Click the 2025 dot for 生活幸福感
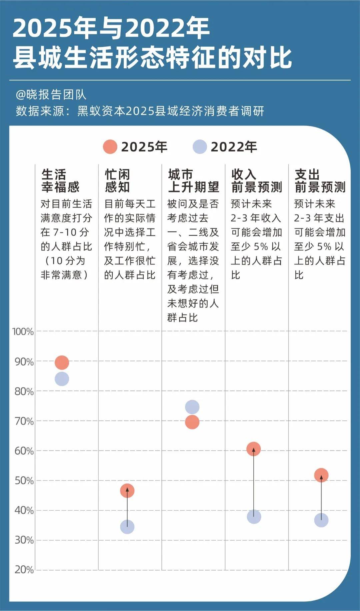[62, 362]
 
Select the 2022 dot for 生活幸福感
[62, 379]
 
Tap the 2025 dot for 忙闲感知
[127, 491]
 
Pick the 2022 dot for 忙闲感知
[127, 527]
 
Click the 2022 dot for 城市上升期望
[192, 407]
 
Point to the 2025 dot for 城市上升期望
[192, 422]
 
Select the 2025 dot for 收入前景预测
[254, 449]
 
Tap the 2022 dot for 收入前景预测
[254, 517]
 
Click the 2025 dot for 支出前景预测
[321, 475]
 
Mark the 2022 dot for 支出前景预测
[321, 520]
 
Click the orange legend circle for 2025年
[110, 147]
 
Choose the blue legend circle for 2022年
[200, 147]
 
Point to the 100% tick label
[23, 332]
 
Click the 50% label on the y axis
[24, 481]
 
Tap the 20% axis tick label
[24, 570]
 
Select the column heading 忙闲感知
[117, 181]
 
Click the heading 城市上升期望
[193, 181]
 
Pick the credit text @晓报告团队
[51, 95]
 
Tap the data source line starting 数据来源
[140, 111]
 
